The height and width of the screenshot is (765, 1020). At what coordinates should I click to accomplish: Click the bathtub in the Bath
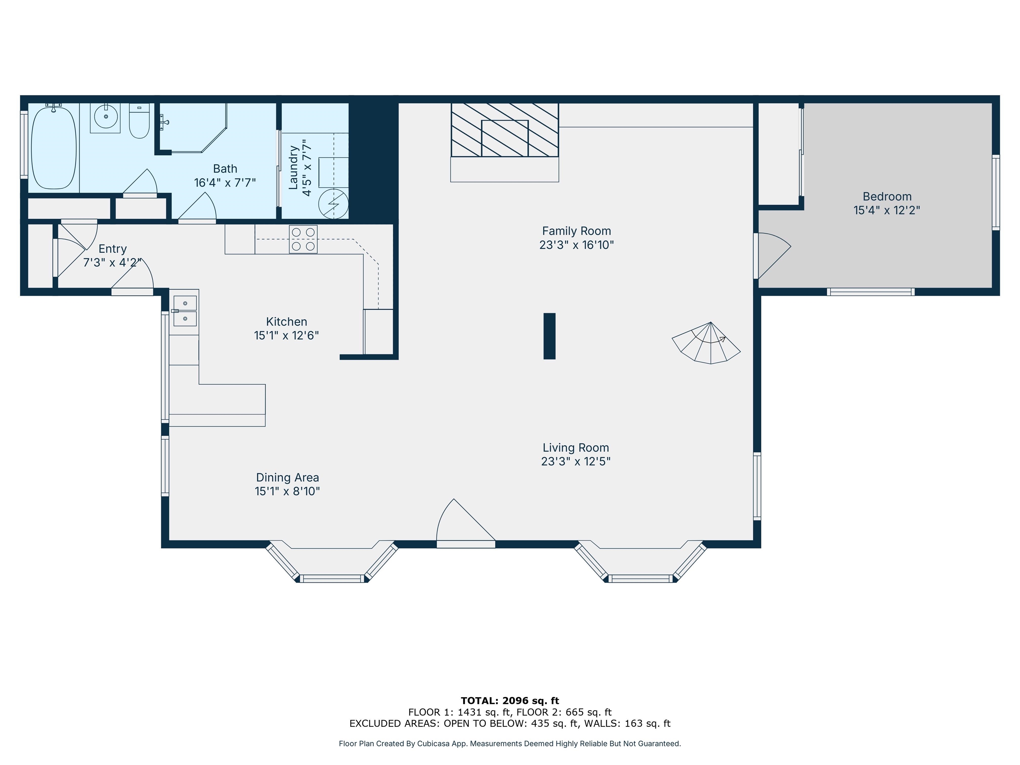point(53,147)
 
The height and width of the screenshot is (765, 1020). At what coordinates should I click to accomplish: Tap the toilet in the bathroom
point(139,121)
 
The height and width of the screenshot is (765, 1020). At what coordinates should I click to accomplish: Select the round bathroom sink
point(106,116)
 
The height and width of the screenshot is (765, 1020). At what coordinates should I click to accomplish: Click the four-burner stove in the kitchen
point(303,239)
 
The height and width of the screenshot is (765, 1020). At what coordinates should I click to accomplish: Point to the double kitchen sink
point(185,311)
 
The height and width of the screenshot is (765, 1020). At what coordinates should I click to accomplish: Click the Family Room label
point(576,231)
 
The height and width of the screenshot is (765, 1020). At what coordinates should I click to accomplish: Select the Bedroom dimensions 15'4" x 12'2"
point(887,210)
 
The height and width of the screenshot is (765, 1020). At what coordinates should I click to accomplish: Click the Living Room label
point(575,448)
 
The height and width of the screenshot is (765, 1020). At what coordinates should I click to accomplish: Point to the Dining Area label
point(287,478)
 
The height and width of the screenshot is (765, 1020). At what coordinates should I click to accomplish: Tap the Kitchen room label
point(286,322)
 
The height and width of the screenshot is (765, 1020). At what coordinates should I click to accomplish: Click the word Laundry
point(293,168)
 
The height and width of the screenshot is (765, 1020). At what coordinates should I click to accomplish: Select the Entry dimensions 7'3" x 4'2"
point(112,262)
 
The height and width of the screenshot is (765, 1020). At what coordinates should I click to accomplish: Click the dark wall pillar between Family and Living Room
point(549,336)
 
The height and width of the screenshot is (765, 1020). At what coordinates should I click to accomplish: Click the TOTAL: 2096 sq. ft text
point(510,701)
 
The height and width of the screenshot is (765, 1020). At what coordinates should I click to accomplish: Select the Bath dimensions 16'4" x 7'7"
point(225,183)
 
